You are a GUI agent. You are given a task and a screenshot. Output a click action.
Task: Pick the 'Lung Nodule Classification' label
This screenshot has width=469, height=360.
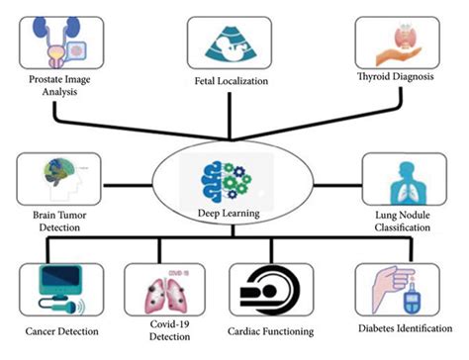[x=404, y=219]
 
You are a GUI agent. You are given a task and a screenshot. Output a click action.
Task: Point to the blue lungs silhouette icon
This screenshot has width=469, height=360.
[x=404, y=178]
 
